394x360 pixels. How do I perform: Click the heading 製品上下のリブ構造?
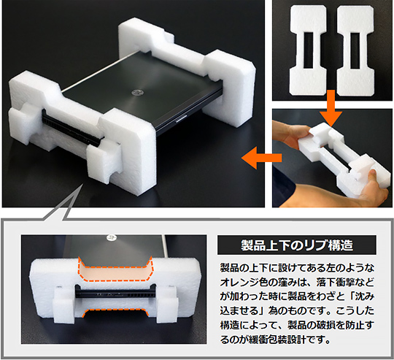click(297, 245)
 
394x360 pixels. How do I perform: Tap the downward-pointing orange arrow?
click(331, 109)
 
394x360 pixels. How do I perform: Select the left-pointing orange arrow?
click(262, 158)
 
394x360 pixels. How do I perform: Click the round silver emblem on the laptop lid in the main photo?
click(138, 93)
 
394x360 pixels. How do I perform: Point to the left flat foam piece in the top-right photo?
click(309, 50)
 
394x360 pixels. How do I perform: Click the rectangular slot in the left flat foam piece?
click(309, 50)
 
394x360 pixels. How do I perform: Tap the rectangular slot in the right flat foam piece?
click(355, 50)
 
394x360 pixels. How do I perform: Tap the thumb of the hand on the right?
click(373, 175)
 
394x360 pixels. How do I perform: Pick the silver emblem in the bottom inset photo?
click(112, 237)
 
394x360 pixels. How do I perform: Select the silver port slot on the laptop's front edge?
click(182, 118)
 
